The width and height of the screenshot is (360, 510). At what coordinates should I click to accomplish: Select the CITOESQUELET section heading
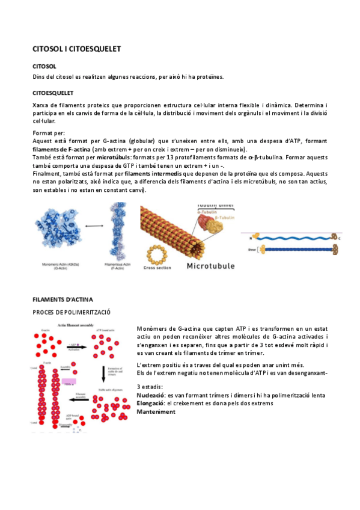53,93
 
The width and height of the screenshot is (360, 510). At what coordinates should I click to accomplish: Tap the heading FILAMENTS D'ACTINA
63,299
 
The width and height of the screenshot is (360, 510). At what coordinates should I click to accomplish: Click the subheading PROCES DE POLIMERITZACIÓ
72,312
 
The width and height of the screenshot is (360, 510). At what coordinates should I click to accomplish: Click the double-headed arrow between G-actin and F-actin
94,226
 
